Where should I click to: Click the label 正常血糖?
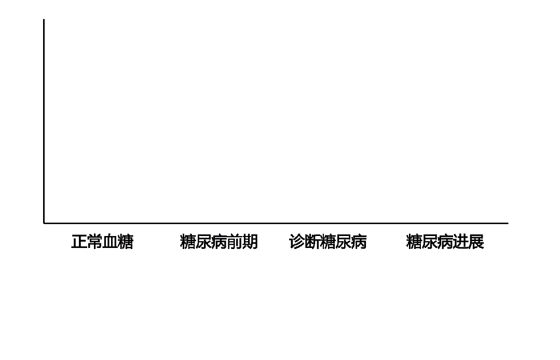tap(102, 242)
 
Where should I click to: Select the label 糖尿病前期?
tap(218, 242)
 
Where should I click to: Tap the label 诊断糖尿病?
tap(327, 242)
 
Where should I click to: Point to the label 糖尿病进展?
tap(445, 242)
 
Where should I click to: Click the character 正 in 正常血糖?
tap(79, 242)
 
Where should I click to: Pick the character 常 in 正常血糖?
tap(94, 242)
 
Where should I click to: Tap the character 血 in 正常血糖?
tap(110, 242)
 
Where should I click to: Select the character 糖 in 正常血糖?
tap(126, 242)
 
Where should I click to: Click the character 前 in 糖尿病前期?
tap(234, 242)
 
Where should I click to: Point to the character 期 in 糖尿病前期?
tap(250, 242)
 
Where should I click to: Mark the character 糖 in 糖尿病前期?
tap(187, 242)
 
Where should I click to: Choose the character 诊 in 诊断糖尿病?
tap(296, 242)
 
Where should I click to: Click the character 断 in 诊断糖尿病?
tap(312, 242)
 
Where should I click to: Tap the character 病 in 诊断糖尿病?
tap(359, 242)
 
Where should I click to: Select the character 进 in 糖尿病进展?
tap(460, 242)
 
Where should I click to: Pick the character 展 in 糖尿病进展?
tap(476, 242)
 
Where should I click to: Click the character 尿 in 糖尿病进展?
tap(429, 242)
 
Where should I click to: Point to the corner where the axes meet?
tap(44, 223)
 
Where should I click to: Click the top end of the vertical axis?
tap(44, 20)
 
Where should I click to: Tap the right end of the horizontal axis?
tap(508, 223)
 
